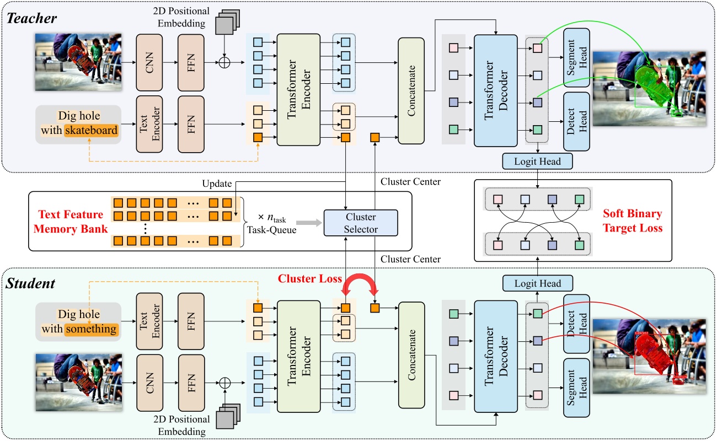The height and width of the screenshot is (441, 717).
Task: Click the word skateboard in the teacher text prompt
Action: point(91,131)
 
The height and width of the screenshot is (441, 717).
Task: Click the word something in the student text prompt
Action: point(91,329)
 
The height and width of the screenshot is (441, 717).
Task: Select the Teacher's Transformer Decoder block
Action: point(496,90)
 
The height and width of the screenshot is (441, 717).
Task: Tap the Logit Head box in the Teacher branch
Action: point(538,161)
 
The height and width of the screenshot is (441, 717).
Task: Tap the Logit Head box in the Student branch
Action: point(538,283)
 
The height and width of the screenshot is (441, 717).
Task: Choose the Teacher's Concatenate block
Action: point(410,91)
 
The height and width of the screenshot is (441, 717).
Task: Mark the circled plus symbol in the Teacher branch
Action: point(224,63)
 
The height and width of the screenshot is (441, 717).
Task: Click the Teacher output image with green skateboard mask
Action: point(649,85)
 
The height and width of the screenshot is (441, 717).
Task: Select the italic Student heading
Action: point(31,283)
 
